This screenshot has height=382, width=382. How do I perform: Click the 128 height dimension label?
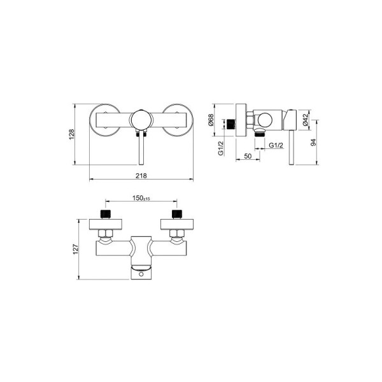[x=71, y=134]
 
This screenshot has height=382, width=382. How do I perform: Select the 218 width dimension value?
[x=141, y=176]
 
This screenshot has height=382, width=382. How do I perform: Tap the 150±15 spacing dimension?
[x=141, y=198]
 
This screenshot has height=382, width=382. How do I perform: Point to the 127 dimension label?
[x=76, y=249]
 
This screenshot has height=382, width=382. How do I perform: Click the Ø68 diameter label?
[x=211, y=120]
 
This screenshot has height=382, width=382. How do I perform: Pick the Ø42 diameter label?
[x=306, y=120]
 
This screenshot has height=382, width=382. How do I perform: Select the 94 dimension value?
[x=313, y=142]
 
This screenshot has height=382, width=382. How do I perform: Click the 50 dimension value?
[x=248, y=156]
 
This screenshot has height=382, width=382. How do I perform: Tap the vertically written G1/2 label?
[x=221, y=148]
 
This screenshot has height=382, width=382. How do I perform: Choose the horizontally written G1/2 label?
[x=276, y=145]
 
